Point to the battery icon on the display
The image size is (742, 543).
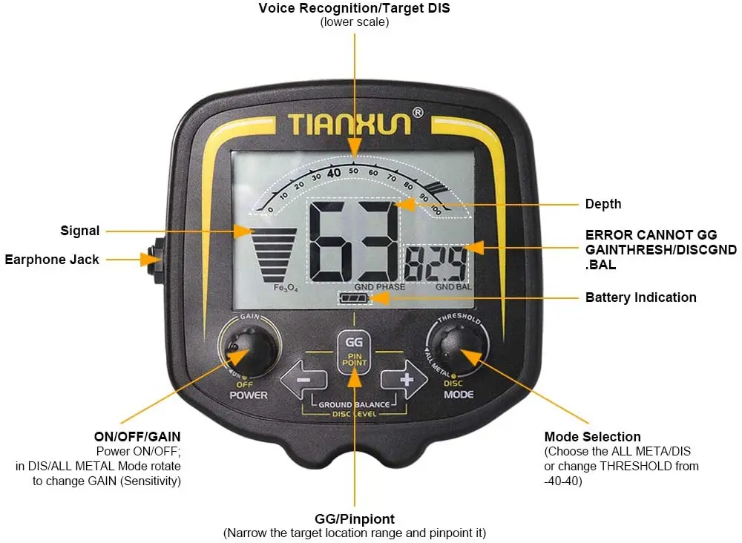tap(353, 298)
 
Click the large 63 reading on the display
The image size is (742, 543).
tap(354, 241)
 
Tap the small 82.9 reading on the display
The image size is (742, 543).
tap(438, 263)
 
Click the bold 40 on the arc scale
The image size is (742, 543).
tap(334, 172)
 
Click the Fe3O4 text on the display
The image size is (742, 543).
tap(285, 288)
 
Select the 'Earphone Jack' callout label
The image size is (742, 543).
tap(52, 260)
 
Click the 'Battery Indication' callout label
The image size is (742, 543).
tap(640, 297)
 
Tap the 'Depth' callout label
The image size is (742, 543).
tap(603, 204)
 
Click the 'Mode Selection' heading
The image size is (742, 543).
tap(592, 436)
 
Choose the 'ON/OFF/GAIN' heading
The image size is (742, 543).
tap(138, 436)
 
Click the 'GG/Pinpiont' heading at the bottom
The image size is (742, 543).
tap(354, 519)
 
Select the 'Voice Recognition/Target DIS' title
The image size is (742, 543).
tap(354, 8)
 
